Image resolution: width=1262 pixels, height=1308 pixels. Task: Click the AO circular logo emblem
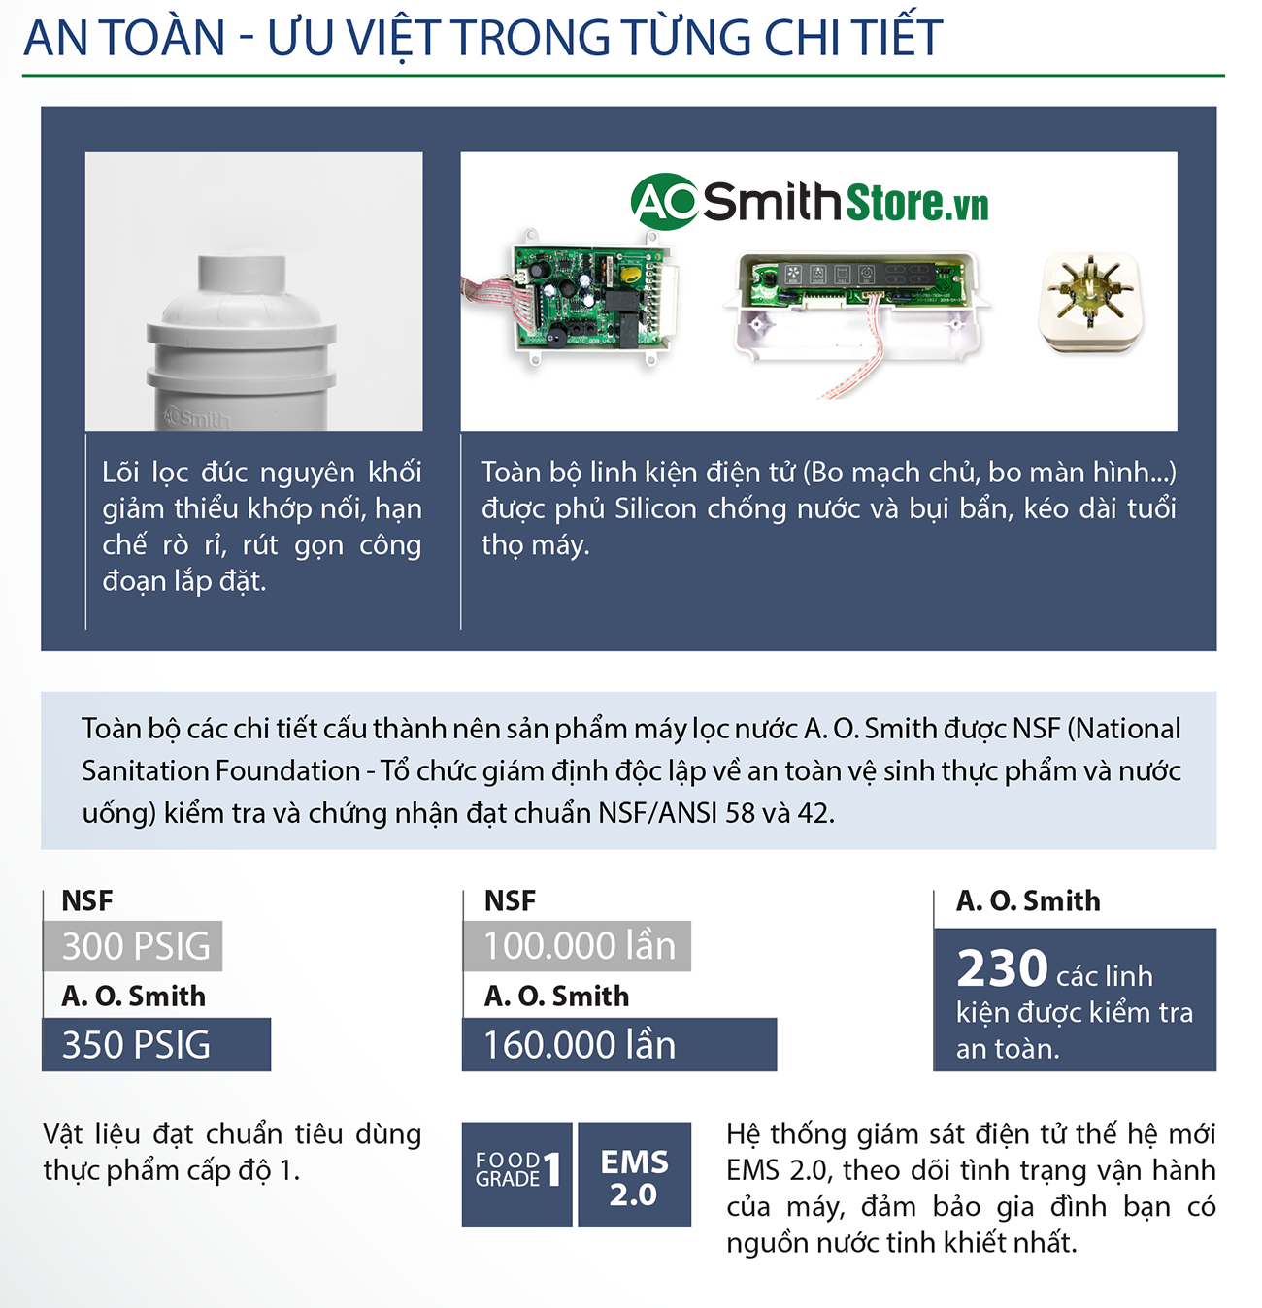pyautogui.click(x=664, y=202)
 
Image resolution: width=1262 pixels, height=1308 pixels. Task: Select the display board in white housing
pyautogui.click(x=854, y=291)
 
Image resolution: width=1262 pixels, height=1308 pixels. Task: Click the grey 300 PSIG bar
pyautogui.click(x=133, y=946)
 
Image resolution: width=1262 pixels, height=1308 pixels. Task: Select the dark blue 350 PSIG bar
pyautogui.click(x=156, y=1045)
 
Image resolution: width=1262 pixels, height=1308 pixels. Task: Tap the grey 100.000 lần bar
pyautogui.click(x=578, y=946)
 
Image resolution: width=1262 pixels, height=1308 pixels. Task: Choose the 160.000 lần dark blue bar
pyautogui.click(x=619, y=1045)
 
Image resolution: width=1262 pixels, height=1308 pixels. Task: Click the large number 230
pyautogui.click(x=1002, y=968)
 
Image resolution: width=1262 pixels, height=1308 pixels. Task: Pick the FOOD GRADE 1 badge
pyautogui.click(x=517, y=1174)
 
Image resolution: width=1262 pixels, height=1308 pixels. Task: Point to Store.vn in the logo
pyautogui.click(x=917, y=203)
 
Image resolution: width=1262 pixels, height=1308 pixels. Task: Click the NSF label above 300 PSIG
pyautogui.click(x=87, y=900)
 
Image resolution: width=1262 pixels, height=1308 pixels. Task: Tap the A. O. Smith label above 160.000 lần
pyautogui.click(x=556, y=996)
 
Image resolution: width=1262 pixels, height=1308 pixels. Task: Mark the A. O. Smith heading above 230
pyautogui.click(x=1028, y=900)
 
